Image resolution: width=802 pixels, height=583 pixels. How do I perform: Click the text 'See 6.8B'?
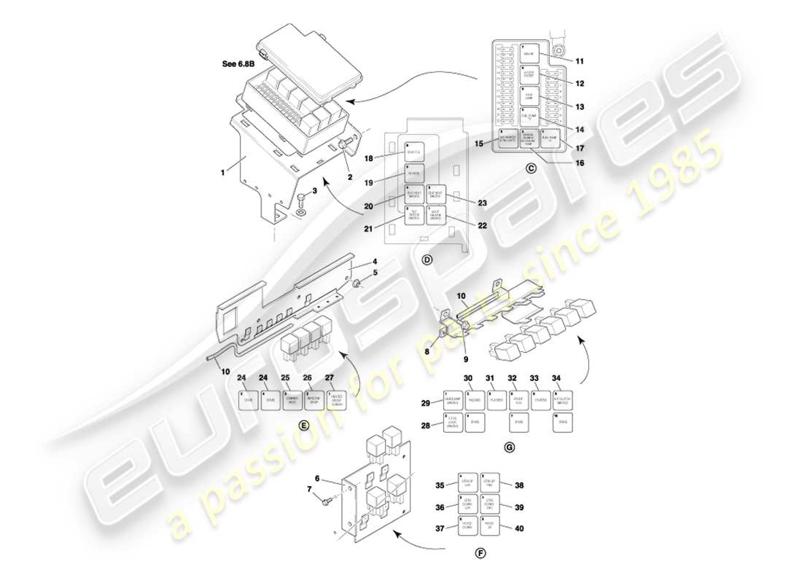tap(238, 63)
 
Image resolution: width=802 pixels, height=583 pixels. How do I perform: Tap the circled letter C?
tap(531, 169)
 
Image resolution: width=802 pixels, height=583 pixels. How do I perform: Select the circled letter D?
tap(427, 259)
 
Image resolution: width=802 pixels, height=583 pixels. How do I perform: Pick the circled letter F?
tap(480, 553)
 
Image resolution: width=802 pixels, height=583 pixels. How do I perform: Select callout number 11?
tap(580, 60)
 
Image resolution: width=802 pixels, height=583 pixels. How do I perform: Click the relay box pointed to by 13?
tap(529, 96)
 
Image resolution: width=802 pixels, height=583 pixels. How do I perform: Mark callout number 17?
tap(580, 148)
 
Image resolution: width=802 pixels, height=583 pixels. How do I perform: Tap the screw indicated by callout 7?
tap(324, 500)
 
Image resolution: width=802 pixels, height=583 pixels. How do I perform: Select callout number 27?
tap(329, 378)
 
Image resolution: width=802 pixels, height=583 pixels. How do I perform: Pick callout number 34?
tap(556, 378)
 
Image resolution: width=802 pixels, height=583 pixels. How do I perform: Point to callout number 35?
tap(440, 485)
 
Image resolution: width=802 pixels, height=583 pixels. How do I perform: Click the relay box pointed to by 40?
tap(490, 527)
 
